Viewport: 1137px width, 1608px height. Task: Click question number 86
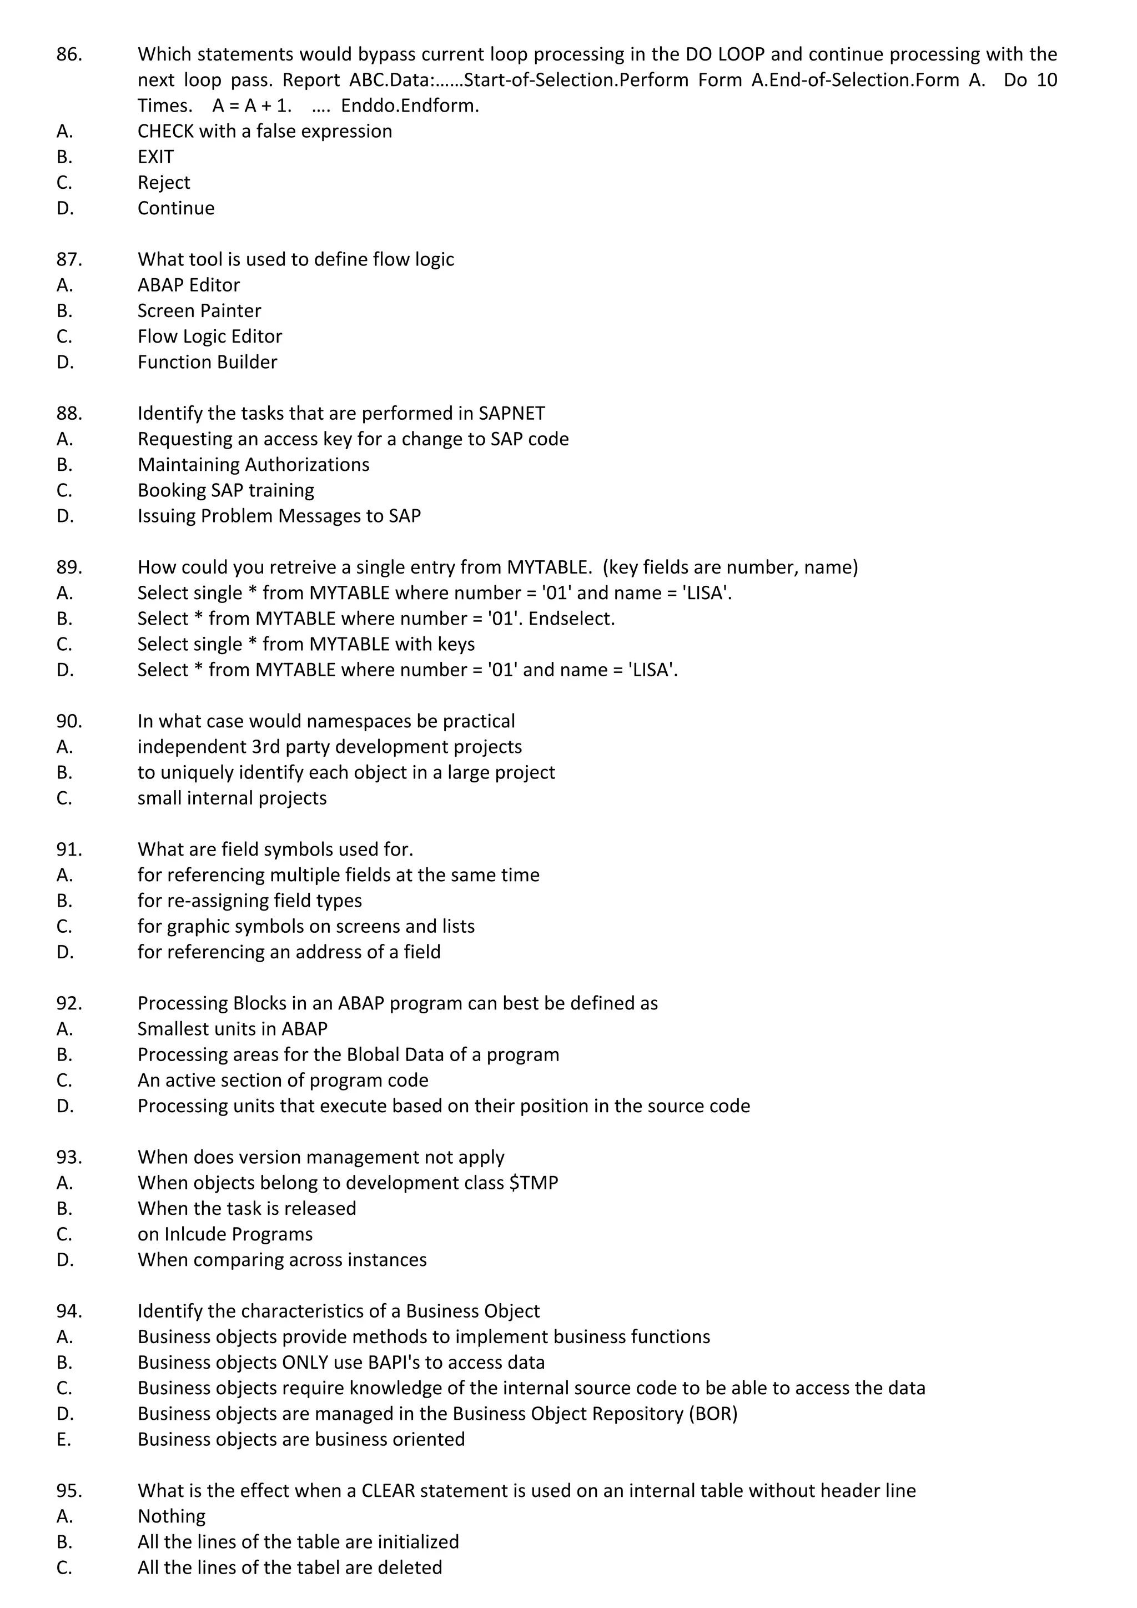pyautogui.click(x=69, y=54)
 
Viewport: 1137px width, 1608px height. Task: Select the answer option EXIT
pyautogui.click(x=155, y=157)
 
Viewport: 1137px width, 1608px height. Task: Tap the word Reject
pyautogui.click(x=164, y=183)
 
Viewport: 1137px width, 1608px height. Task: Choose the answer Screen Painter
pyautogui.click(x=199, y=311)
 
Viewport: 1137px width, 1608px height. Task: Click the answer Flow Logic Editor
pyautogui.click(x=209, y=337)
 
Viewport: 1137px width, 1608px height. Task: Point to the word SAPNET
pyautogui.click(x=512, y=414)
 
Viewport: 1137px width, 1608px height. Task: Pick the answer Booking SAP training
pyautogui.click(x=225, y=490)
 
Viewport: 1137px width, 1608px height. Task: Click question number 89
pyautogui.click(x=69, y=567)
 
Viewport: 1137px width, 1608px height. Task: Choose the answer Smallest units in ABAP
pyautogui.click(x=233, y=1029)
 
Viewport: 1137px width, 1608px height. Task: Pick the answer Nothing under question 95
pyautogui.click(x=172, y=1516)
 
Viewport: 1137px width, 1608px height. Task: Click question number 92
pyautogui.click(x=69, y=1003)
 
